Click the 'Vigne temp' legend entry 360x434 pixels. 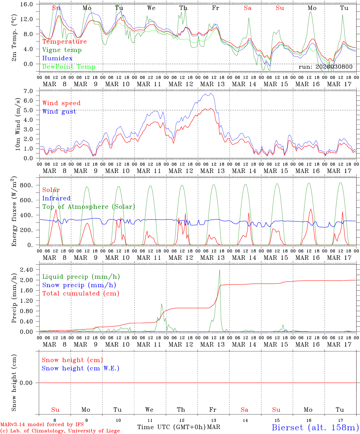pos(62,50)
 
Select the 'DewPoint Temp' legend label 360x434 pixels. pos(69,67)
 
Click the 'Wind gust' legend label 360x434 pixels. pos(59,112)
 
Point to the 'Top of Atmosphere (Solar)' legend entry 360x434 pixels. pos(89,207)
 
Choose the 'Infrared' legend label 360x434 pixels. pos(56,198)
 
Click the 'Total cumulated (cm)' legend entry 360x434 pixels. pos(81,294)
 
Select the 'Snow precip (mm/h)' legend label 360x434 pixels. pos(79,285)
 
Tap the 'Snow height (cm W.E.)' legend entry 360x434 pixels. pos(81,368)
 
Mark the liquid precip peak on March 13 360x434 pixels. pos(219,270)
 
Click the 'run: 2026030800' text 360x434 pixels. pos(325,67)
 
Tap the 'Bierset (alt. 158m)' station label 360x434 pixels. pos(315,427)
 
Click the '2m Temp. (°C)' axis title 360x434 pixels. pos(14,38)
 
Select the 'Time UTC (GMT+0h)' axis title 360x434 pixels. pos(171,427)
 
